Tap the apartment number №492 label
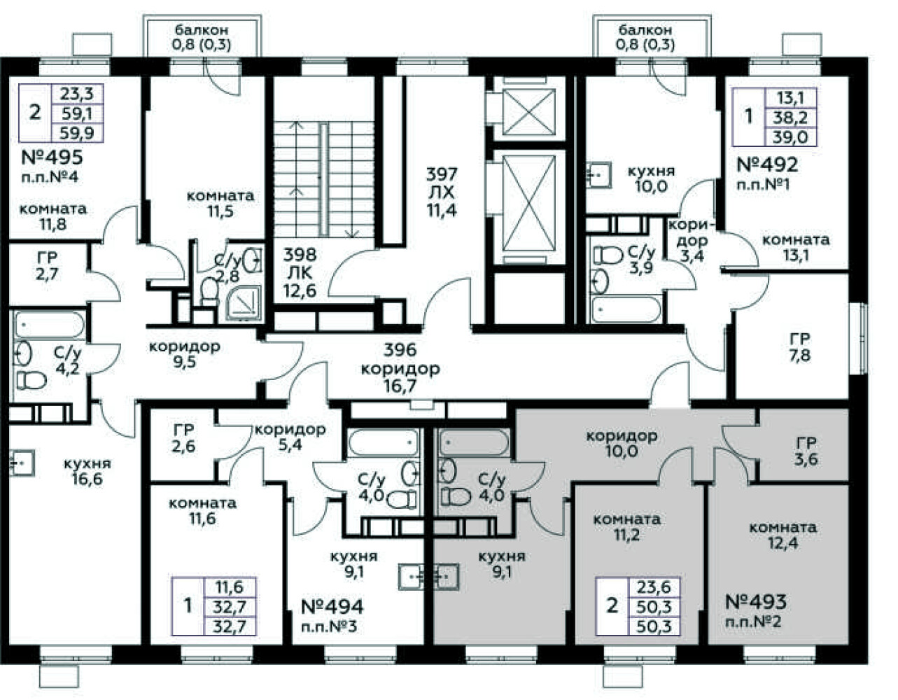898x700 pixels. point(767,164)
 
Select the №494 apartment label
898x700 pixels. point(332,607)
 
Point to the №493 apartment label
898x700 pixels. point(756,602)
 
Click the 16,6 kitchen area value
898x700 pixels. point(87,479)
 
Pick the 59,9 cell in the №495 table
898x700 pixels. point(77,133)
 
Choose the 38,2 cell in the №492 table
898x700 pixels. point(790,118)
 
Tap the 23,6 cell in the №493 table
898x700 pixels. point(654,587)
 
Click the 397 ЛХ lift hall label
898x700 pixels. point(442,192)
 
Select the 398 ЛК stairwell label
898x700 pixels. point(300,273)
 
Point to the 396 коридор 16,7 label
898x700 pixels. point(400,368)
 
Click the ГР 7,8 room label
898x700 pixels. point(800,347)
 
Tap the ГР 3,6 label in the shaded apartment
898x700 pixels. point(806,451)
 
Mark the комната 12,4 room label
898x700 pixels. point(783,535)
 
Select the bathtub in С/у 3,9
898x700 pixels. point(626,309)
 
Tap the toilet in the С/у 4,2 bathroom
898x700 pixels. point(31,380)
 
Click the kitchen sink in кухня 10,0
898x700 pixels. point(598,175)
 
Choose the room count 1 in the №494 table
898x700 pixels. point(188,605)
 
